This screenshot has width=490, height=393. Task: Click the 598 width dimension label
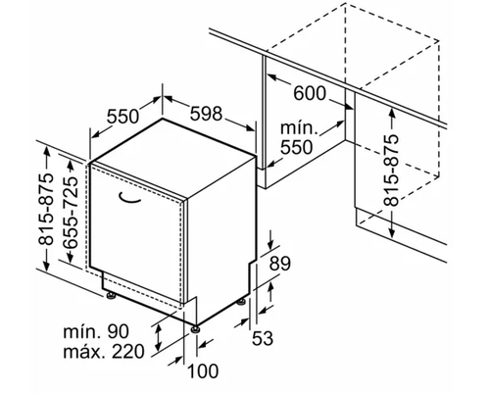point(207,114)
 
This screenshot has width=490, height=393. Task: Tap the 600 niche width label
point(310,93)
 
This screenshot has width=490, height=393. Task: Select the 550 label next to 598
point(123,117)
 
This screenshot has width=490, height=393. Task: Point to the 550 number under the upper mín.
point(297,147)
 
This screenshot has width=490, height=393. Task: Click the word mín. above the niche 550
point(299,128)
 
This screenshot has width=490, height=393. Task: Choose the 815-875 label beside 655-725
point(46,209)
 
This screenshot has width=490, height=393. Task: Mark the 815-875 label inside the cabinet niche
point(391,170)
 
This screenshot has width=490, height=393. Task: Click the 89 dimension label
point(280,264)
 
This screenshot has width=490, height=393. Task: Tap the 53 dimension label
point(263,338)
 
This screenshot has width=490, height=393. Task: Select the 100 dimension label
point(203,371)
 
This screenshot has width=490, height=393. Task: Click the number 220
point(127,352)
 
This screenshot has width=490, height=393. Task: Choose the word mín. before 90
point(81,332)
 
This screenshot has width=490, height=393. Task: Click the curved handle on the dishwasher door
point(129,198)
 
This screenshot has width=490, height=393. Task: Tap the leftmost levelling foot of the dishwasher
point(111,295)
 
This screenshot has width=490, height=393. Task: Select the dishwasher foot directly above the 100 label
point(196,328)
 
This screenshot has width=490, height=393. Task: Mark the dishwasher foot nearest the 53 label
point(242,302)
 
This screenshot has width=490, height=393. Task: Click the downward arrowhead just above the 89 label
point(270,245)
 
